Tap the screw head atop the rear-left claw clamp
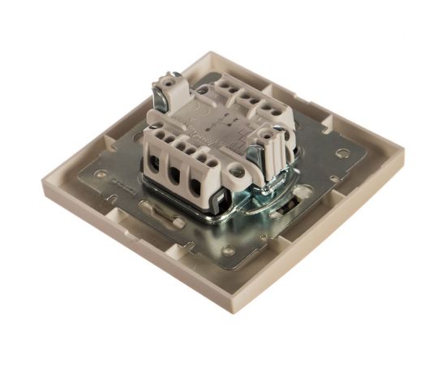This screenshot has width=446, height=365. point(172,80)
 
